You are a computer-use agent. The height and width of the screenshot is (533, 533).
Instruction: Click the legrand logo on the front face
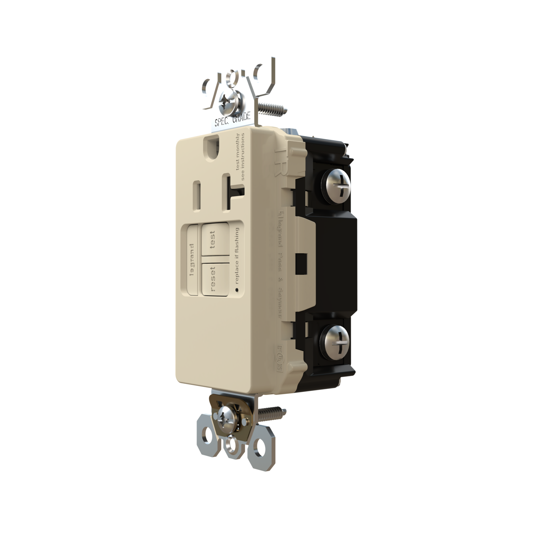coord(192,259)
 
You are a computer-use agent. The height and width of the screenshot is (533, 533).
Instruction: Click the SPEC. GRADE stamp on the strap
coord(233,120)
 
